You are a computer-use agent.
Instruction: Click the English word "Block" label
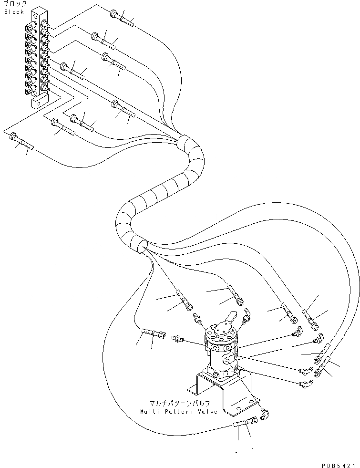14,11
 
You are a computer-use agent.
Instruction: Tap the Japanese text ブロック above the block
15,4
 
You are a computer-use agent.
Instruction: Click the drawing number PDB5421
338,463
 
